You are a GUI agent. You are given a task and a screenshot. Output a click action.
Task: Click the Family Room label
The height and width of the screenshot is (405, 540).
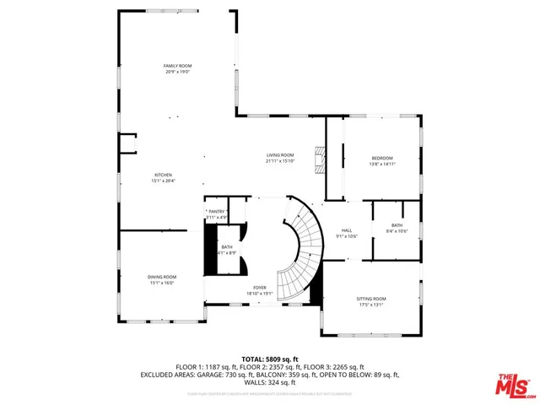tap(177, 66)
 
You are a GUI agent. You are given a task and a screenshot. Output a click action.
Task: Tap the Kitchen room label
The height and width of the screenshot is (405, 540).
tap(163, 175)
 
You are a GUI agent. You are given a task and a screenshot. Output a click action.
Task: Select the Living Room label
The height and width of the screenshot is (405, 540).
tap(280, 155)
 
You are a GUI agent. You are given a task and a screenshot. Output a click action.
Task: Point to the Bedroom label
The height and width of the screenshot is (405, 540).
tap(382, 159)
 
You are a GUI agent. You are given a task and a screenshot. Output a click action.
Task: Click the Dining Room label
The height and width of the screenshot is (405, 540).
tap(162, 277)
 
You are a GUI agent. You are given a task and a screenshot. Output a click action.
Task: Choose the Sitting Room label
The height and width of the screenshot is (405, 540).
tap(371, 299)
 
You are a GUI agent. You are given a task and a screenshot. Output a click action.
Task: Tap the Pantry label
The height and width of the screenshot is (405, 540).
tap(217, 212)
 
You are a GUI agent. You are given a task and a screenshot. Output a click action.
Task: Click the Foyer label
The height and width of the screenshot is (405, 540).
tap(260, 288)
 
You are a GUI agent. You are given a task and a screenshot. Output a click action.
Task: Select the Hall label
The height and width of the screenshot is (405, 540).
tap(346, 230)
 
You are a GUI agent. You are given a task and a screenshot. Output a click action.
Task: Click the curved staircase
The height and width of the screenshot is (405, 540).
tap(300, 253)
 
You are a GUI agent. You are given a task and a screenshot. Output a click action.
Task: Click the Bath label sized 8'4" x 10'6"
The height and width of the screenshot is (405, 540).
tap(397, 225)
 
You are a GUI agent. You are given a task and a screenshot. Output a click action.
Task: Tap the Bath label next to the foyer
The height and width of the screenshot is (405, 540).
tap(227, 247)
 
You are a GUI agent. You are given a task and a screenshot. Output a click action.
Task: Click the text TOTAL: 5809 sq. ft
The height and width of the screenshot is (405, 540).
tap(269, 359)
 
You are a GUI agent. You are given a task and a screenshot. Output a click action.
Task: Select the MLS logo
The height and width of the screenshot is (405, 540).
tap(512, 383)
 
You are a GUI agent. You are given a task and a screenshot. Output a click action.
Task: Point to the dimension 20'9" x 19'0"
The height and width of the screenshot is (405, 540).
tap(177, 72)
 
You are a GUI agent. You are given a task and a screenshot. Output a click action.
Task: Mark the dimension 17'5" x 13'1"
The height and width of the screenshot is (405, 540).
tap(371, 305)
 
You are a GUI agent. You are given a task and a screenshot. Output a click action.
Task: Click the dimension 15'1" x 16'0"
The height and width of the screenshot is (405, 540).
tap(162, 283)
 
